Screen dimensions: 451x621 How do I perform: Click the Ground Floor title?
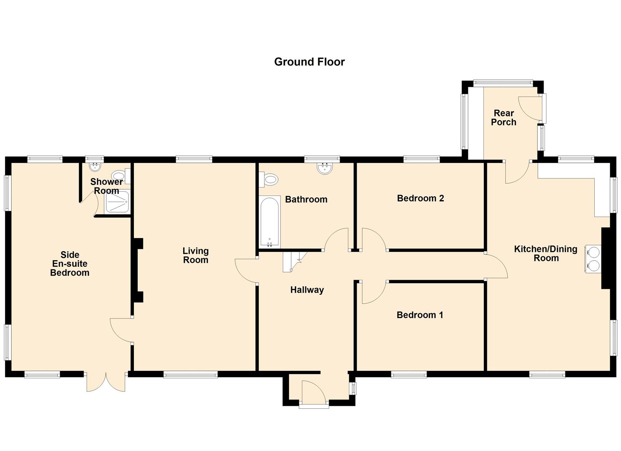(x=309, y=62)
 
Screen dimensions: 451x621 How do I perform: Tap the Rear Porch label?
(x=503, y=118)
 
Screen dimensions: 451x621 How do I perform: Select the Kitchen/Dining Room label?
(x=546, y=253)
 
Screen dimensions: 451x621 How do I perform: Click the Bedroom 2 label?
(x=420, y=198)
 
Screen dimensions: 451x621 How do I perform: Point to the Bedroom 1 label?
(x=420, y=315)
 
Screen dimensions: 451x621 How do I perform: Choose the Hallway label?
(x=307, y=290)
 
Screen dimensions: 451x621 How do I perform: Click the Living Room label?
(x=195, y=256)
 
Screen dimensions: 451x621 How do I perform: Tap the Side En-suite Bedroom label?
(x=70, y=264)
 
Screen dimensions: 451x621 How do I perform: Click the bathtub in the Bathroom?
(x=270, y=221)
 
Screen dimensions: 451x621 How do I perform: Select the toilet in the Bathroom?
(x=270, y=180)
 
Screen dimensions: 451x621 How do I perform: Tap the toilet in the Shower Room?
(x=120, y=176)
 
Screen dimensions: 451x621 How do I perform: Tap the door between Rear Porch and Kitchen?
(x=518, y=172)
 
